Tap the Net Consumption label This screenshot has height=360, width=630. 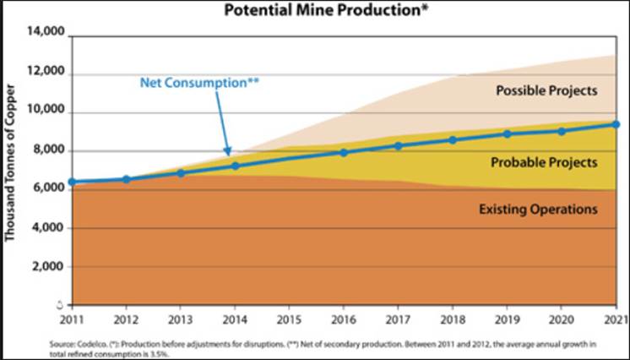[199, 84]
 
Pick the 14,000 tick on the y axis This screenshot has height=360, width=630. [46, 33]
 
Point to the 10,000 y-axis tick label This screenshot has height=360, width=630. [46, 112]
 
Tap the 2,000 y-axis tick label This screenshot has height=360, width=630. [49, 266]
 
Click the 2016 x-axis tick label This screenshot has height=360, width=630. [343, 319]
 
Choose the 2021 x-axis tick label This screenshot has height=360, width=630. [614, 319]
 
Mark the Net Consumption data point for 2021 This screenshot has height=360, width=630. [616, 124]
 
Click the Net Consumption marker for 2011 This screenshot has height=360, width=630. [73, 182]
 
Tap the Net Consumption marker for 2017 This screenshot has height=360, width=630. [398, 145]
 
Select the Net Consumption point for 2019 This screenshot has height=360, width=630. [507, 134]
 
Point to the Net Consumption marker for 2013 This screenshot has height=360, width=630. [181, 173]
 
